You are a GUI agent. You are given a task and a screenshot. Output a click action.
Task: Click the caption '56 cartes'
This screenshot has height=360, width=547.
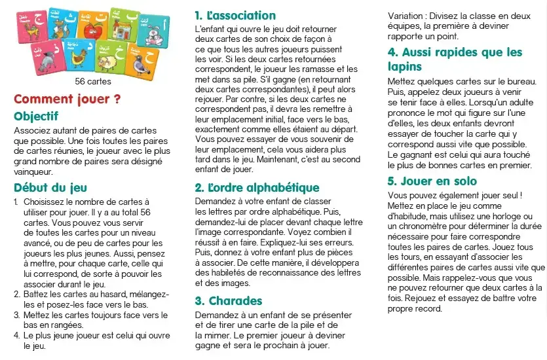(x=93, y=82)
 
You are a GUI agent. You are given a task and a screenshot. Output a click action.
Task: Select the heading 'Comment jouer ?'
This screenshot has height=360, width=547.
(x=67, y=99)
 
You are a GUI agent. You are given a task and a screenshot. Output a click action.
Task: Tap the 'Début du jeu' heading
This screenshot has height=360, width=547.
(x=50, y=187)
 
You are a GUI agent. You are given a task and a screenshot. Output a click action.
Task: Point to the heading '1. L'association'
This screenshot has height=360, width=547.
(x=235, y=15)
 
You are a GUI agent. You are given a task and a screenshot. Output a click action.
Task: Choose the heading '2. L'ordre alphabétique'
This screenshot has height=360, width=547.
(x=257, y=187)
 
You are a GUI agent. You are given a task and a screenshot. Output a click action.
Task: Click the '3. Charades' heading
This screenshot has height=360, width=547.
(x=229, y=300)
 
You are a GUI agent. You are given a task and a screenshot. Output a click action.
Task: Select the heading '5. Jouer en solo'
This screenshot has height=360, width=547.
(x=432, y=181)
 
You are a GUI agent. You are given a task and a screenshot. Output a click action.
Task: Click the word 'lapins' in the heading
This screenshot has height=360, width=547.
(x=405, y=66)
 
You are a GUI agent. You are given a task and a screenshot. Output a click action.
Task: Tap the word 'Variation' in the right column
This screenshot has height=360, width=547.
(x=405, y=15)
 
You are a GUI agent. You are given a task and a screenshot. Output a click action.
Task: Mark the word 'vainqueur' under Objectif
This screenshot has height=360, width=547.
(x=32, y=171)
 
